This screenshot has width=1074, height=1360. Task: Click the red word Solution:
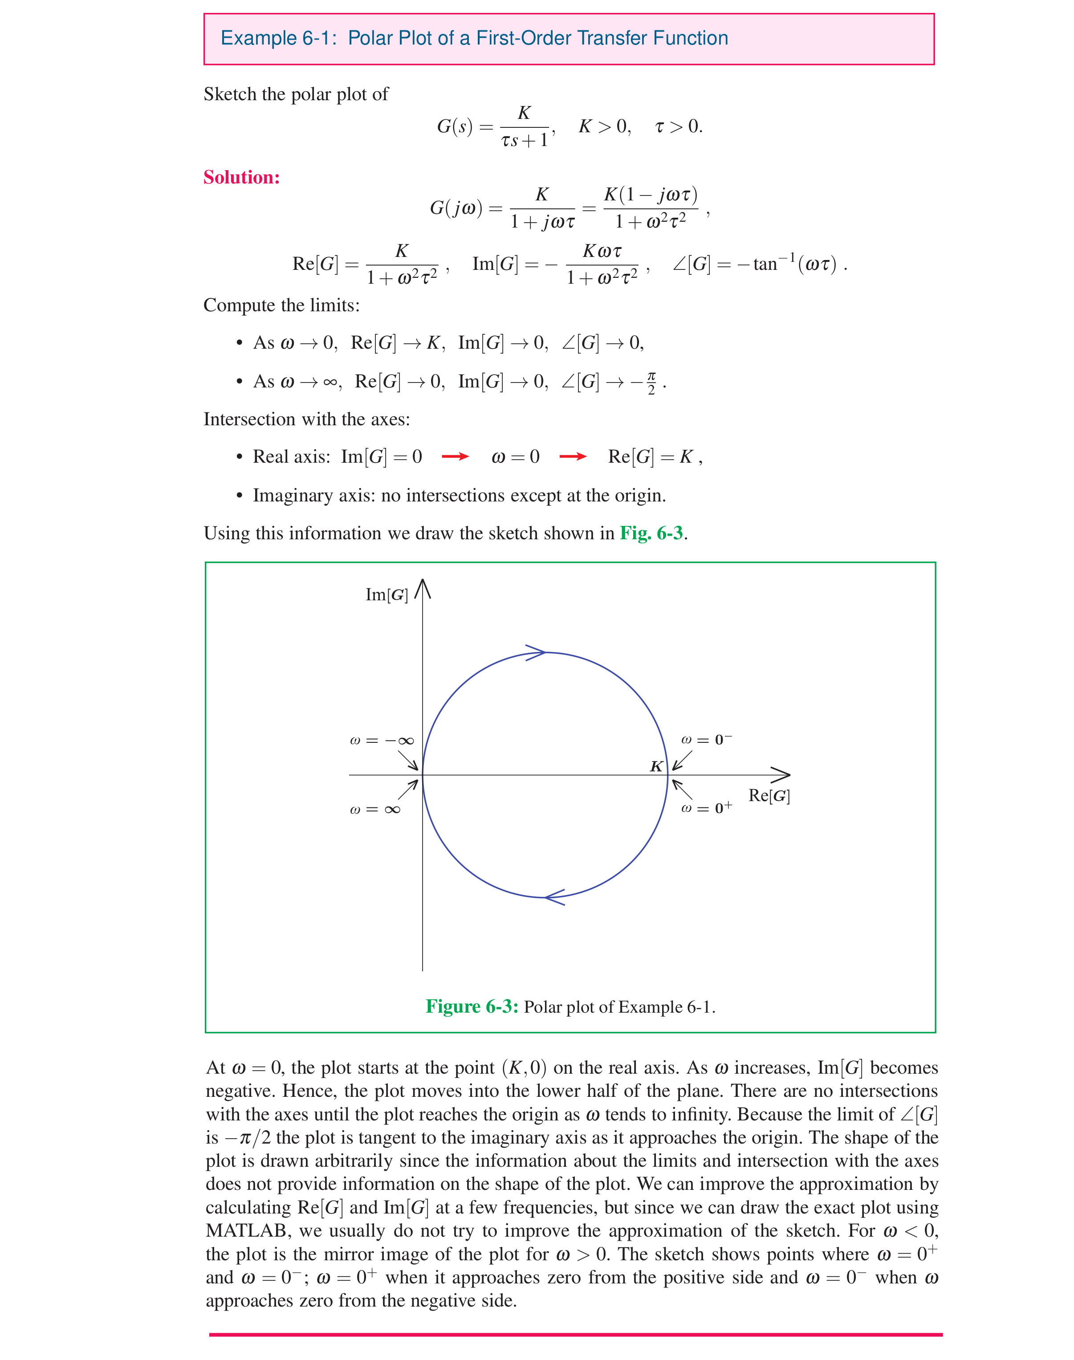point(241,177)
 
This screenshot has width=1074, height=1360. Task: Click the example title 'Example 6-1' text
point(275,38)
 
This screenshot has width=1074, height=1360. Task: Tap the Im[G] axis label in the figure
point(386,595)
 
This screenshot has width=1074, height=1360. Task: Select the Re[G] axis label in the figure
point(769,796)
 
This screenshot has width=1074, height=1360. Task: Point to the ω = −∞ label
point(382,741)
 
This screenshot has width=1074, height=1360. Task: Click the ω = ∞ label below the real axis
point(375,809)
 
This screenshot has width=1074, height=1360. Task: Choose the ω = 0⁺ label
point(706,808)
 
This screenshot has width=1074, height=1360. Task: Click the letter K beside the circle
point(656,766)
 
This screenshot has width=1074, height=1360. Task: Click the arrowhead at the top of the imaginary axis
point(423,587)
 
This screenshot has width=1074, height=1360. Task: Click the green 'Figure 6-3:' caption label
point(472,1006)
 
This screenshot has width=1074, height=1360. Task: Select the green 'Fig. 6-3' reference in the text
point(651,533)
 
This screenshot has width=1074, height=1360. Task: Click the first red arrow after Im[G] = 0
point(455,456)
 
